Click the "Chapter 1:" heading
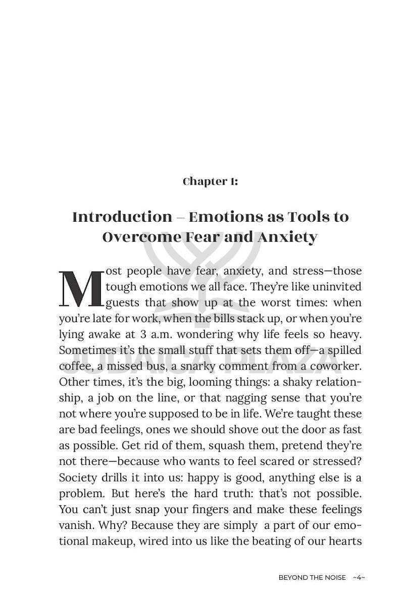[210, 181]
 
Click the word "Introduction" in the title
[122, 217]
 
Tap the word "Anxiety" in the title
[287, 237]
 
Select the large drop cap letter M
[81, 290]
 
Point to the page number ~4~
[359, 578]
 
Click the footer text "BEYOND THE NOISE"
[312, 578]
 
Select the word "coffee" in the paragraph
[75, 366]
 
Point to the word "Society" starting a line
[76, 477]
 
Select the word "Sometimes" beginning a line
[83, 350]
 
